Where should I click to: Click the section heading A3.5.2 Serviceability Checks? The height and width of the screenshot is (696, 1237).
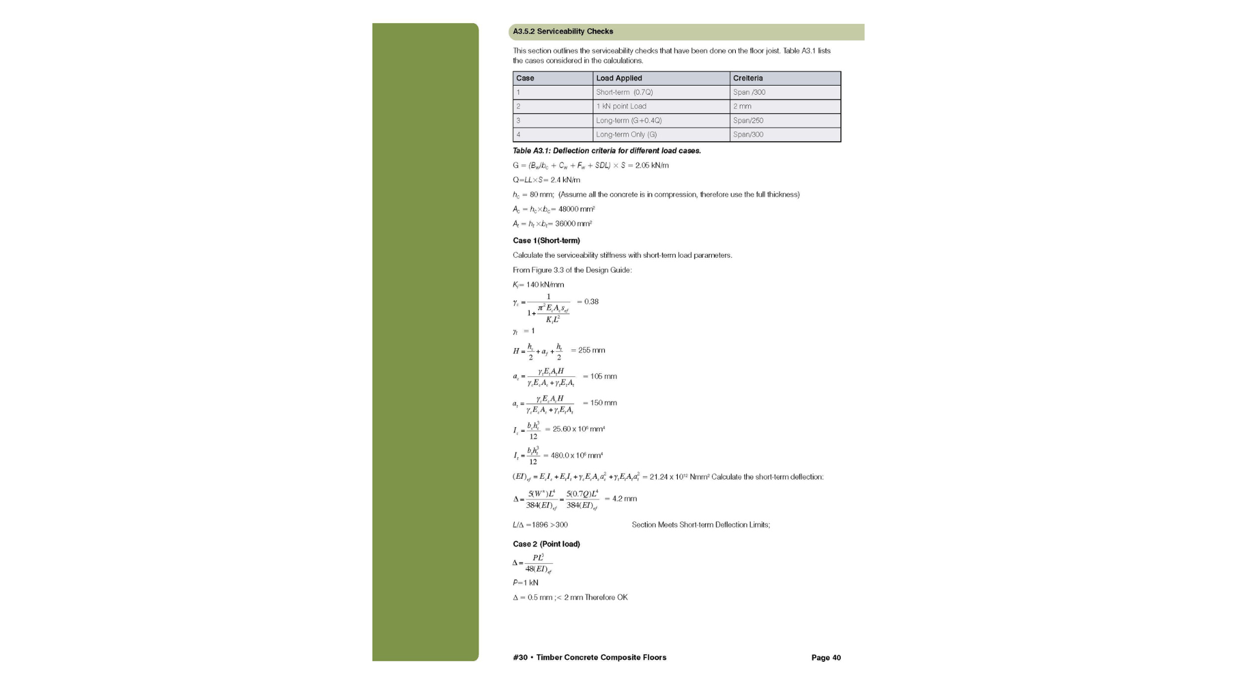click(563, 32)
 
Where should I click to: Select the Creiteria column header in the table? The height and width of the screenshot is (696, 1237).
click(747, 78)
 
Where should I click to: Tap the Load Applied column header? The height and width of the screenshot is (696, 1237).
click(618, 78)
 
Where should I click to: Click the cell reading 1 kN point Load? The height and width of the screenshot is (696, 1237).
click(621, 106)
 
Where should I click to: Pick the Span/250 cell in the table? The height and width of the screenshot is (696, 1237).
click(748, 121)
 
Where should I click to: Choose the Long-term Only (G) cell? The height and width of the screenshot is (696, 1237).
click(626, 135)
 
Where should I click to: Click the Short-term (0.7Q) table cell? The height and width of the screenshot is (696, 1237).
click(624, 92)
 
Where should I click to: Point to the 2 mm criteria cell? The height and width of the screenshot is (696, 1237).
click(742, 106)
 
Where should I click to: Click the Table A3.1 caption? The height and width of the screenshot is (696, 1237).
click(606, 151)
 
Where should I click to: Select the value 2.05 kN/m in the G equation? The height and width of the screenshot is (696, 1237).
click(652, 166)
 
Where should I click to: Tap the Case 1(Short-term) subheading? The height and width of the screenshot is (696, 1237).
click(546, 240)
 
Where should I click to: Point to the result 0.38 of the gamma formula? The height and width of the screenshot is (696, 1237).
click(591, 302)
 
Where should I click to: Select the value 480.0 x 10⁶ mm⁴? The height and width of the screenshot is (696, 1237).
click(577, 456)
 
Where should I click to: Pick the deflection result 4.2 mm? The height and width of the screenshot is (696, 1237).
click(624, 499)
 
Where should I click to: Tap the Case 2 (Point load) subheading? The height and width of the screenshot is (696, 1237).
click(546, 544)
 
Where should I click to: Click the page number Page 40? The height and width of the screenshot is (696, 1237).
click(826, 658)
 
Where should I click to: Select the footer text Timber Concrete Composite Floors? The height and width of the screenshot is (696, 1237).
click(601, 658)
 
